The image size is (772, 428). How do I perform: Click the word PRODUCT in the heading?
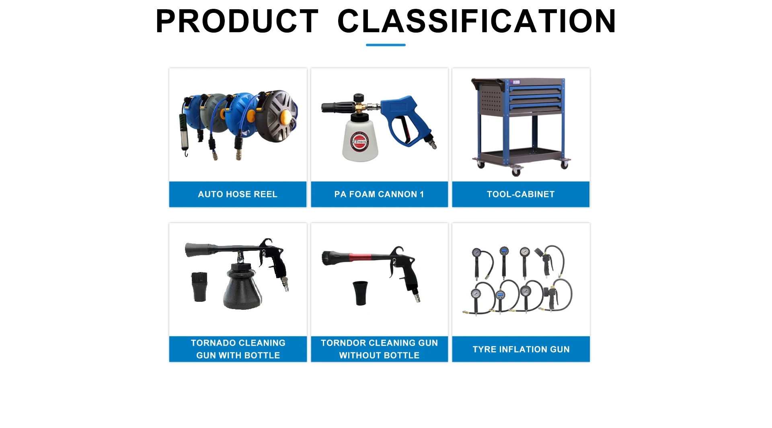[x=237, y=21]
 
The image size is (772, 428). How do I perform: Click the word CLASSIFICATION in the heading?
[x=477, y=21]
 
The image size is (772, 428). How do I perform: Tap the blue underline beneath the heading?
[x=386, y=45]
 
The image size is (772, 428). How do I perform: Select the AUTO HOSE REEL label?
[x=238, y=194]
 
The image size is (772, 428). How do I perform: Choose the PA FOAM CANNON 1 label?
[x=379, y=194]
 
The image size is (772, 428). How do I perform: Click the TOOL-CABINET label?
[x=521, y=194]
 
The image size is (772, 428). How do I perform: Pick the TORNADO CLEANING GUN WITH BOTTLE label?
[x=238, y=349]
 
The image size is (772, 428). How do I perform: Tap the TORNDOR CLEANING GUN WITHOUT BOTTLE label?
[x=379, y=349]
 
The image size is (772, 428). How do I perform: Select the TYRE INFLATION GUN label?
[x=521, y=349]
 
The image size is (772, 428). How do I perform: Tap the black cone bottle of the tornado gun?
[x=242, y=289]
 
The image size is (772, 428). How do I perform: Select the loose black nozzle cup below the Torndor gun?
[x=360, y=293]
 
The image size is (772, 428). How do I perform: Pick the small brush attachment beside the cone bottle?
[x=199, y=287]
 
